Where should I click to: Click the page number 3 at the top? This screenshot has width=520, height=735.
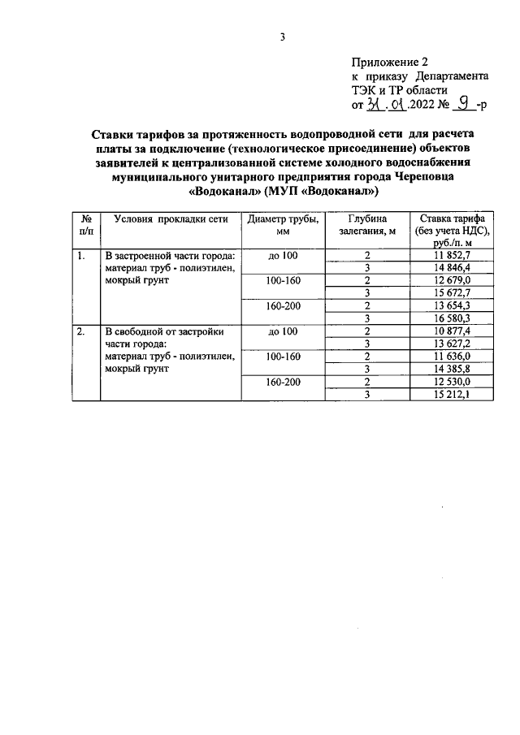(x=283, y=37)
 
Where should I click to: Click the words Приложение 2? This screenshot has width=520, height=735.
(x=389, y=62)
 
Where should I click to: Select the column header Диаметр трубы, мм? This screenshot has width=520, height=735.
(x=283, y=225)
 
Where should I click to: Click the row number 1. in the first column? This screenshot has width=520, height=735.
(x=80, y=257)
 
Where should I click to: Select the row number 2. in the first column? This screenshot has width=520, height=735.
(x=80, y=331)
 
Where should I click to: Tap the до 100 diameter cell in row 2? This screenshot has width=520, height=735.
(x=283, y=331)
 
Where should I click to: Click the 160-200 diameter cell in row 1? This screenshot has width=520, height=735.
(x=283, y=306)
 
